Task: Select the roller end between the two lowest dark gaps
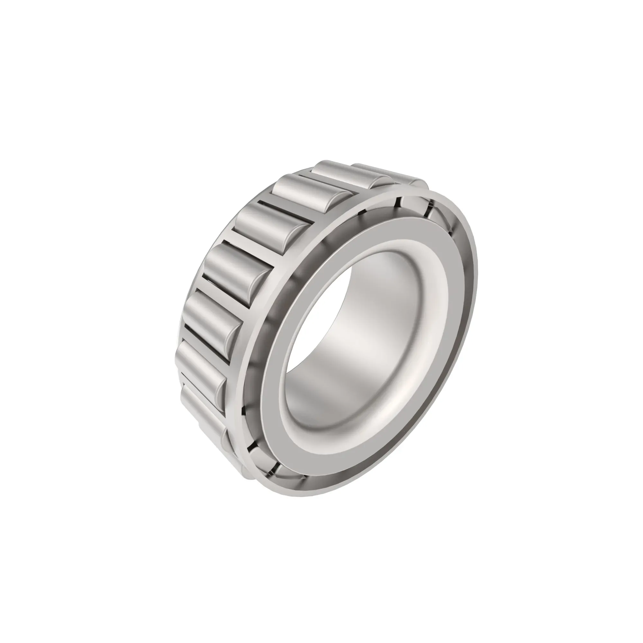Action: pyautogui.click(x=263, y=456)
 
